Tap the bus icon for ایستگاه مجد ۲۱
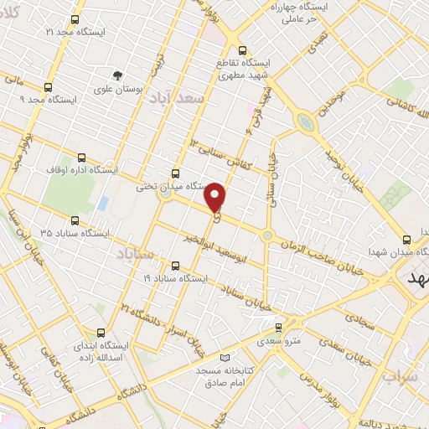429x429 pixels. pyautogui.click(x=75, y=19)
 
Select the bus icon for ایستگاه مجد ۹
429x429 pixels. pyautogui.click(x=47, y=86)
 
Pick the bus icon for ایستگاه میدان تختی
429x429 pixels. pyautogui.click(x=174, y=172)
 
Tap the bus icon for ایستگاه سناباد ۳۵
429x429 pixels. pyautogui.click(x=75, y=221)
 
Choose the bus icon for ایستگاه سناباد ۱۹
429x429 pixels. pyautogui.click(x=175, y=263)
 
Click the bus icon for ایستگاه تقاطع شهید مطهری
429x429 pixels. pyautogui.click(x=242, y=49)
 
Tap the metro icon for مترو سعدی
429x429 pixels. pyautogui.click(x=280, y=328)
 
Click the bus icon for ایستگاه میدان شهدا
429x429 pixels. pyautogui.click(x=407, y=238)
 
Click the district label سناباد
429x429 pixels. pyautogui.click(x=133, y=252)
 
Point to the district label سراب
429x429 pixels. pyautogui.click(x=401, y=376)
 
